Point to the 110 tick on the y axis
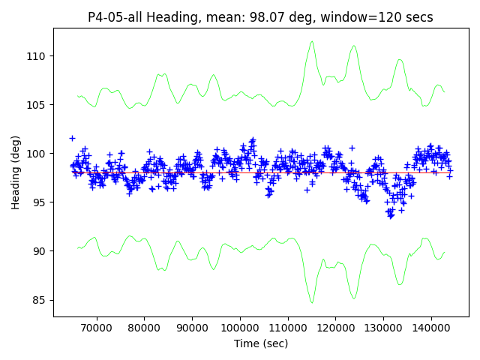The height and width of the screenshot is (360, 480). tap(38, 56)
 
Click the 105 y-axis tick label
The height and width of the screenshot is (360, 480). tap(38, 105)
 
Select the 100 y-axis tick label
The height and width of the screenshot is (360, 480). tap(38, 154)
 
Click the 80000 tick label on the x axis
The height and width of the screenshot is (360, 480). tap(144, 328)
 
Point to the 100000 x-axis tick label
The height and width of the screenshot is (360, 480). tap(239, 328)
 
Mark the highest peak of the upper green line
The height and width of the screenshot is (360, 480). tap(312, 42)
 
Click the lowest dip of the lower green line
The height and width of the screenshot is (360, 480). tap(312, 302)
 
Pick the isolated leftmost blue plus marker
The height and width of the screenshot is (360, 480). tap(72, 138)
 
